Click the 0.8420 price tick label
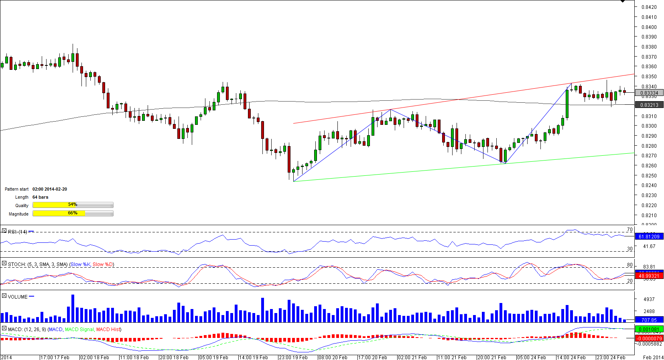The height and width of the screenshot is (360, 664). click(649, 7)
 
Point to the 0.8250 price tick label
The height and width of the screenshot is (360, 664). click(649, 175)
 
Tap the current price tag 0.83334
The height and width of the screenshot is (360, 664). click(649, 93)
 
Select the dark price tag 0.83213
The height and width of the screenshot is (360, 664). click(649, 105)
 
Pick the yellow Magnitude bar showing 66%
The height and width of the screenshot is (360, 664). click(59, 214)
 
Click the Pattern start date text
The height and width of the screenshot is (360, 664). click(50, 189)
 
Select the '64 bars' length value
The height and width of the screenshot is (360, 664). click(40, 197)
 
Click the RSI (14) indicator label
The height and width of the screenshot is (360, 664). click(17, 232)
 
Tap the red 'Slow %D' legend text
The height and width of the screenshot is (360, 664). click(103, 264)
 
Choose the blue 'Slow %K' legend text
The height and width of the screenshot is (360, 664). click(80, 264)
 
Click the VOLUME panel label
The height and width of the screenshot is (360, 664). click(18, 297)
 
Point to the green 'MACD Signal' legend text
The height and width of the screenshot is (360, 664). click(79, 329)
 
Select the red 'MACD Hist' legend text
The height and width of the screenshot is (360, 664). click(108, 329)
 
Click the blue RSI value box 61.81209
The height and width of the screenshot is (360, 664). click(649, 237)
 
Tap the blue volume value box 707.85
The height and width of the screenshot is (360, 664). click(649, 320)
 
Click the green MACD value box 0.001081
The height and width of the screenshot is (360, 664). click(649, 329)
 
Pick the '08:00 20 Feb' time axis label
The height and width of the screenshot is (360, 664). click(333, 357)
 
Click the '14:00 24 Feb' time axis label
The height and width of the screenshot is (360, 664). click(571, 357)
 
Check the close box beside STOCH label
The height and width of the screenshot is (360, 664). click(4, 264)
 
